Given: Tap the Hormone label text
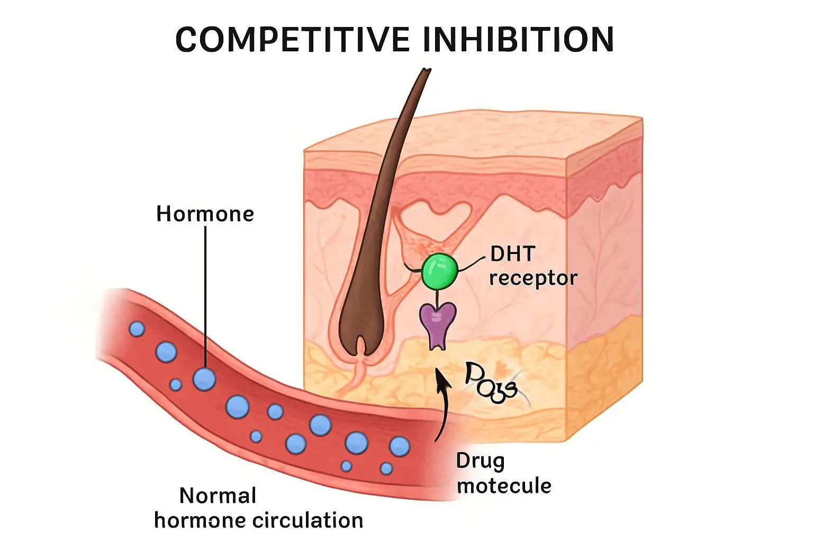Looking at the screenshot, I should point(205,214).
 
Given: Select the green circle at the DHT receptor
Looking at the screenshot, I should point(439,271).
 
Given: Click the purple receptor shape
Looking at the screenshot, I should point(438,323).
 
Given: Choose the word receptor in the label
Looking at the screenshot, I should point(532,278).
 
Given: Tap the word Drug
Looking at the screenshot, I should point(480,462).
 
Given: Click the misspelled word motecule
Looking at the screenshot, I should point(504,485).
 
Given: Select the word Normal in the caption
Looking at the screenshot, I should point(218,496).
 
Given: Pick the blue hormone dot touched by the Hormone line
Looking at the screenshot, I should point(204,378).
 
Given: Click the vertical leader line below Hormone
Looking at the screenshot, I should point(205,296).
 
